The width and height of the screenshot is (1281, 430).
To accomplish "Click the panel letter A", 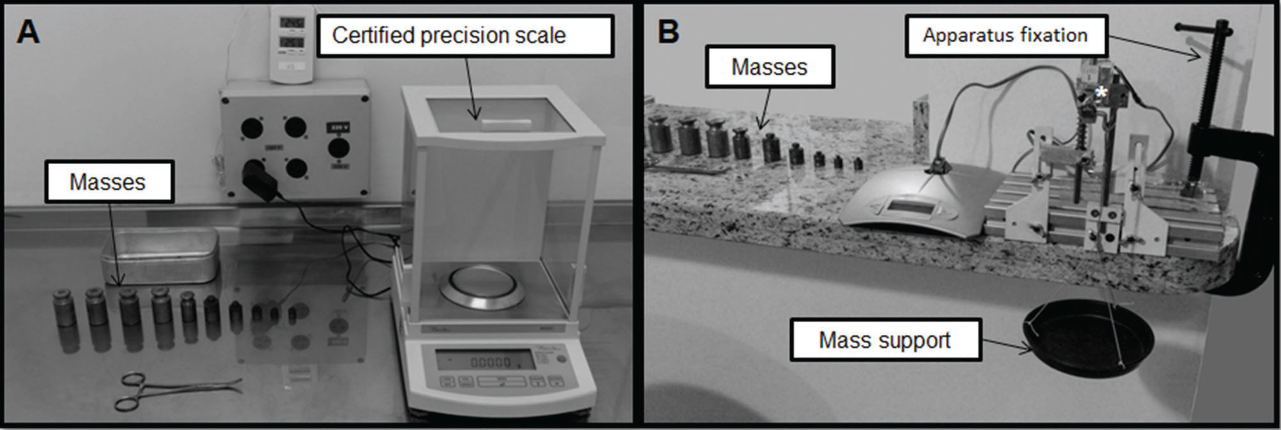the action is pos(28,31).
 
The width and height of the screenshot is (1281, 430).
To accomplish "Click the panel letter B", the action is pos(668,31).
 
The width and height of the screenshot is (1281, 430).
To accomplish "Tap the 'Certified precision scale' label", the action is pos(449,36).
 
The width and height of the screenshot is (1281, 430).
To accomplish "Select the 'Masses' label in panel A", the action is pos(107,182).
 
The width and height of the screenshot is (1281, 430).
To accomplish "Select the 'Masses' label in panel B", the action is pos(769,67).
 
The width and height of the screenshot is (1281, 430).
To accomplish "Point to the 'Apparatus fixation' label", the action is pos(1005,35).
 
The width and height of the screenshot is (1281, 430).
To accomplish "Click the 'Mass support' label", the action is pos(885,340).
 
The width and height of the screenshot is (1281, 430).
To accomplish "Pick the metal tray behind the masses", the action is pos(160,255).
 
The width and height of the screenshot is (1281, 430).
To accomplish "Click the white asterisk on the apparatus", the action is pos(1101,92).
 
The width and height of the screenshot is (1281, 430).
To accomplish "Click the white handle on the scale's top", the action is pos(506,123).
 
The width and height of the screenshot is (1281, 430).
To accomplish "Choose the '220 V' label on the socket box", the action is pos(338,128).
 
